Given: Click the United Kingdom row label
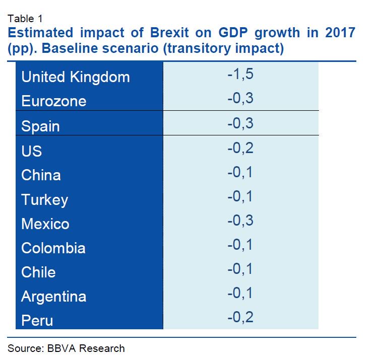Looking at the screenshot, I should (x=76, y=77).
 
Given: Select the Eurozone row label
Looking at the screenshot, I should (x=54, y=101).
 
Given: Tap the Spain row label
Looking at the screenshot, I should (x=40, y=126).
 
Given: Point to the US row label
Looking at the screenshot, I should (x=31, y=151).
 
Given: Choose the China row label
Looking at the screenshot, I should (x=41, y=175).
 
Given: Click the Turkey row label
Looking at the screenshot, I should (x=44, y=199).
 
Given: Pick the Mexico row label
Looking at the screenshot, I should (x=45, y=224).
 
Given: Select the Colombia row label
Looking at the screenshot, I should (x=53, y=248).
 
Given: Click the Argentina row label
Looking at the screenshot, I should (x=54, y=296).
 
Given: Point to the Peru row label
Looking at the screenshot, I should (x=37, y=320).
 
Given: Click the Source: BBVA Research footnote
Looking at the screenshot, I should (x=66, y=348).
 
